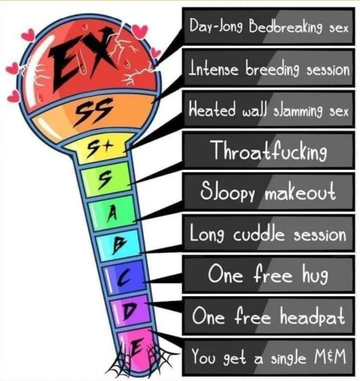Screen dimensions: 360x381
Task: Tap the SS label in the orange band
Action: coord(93,111)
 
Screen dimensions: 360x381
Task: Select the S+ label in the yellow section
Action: coord(97,148)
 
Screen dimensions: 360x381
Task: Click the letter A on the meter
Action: coord(112,214)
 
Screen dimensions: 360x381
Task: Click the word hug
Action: coord(315,275)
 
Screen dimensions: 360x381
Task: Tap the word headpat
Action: coord(312,316)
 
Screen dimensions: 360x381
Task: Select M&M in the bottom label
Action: coord(330,356)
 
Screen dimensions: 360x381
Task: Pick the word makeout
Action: coord(300,192)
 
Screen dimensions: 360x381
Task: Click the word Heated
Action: coord(212,110)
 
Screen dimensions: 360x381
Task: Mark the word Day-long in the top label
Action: coord(217,27)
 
